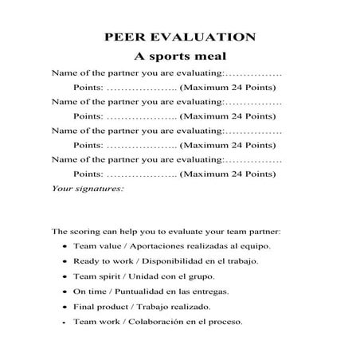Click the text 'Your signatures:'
(88, 189)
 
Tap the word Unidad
(151, 276)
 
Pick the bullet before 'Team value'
(64, 247)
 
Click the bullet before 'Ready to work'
(64, 262)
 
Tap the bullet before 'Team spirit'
(64, 277)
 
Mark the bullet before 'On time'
(64, 292)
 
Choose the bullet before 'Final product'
(64, 307)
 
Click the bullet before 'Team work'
(64, 323)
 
